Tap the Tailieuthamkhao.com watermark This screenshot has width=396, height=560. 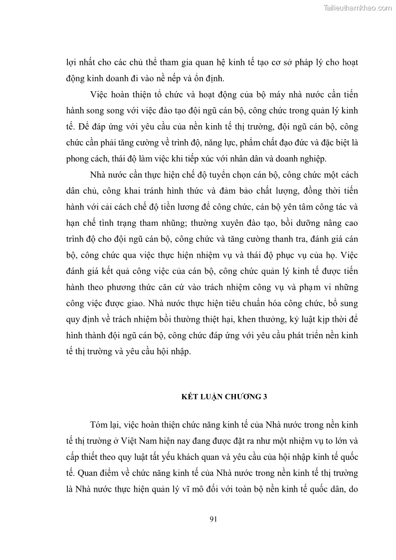tap(358, 7)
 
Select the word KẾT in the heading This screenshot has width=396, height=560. tap(188, 397)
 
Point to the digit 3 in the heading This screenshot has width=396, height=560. tap(266, 397)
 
